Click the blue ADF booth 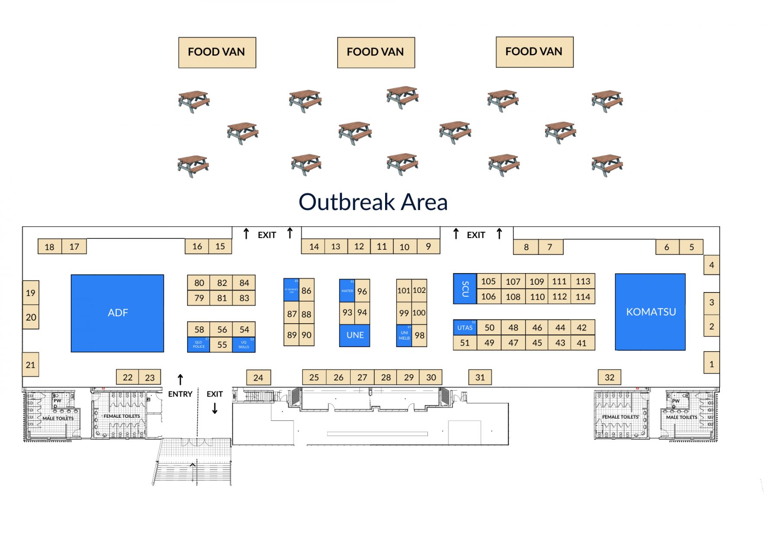[117, 313]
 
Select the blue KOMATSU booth [650, 312]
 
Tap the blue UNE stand [355, 335]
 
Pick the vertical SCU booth [465, 289]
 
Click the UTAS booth [465, 327]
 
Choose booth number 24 [258, 378]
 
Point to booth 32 [609, 377]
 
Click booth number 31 [480, 377]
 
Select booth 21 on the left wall [30, 365]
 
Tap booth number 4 [711, 265]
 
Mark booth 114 [583, 297]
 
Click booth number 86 [306, 290]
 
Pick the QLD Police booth [198, 345]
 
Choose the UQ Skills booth [244, 345]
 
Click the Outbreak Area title [373, 202]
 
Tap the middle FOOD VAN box [376, 52]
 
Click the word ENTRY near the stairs [180, 394]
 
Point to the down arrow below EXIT [215, 408]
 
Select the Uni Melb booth [404, 336]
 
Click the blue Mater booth [347, 290]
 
